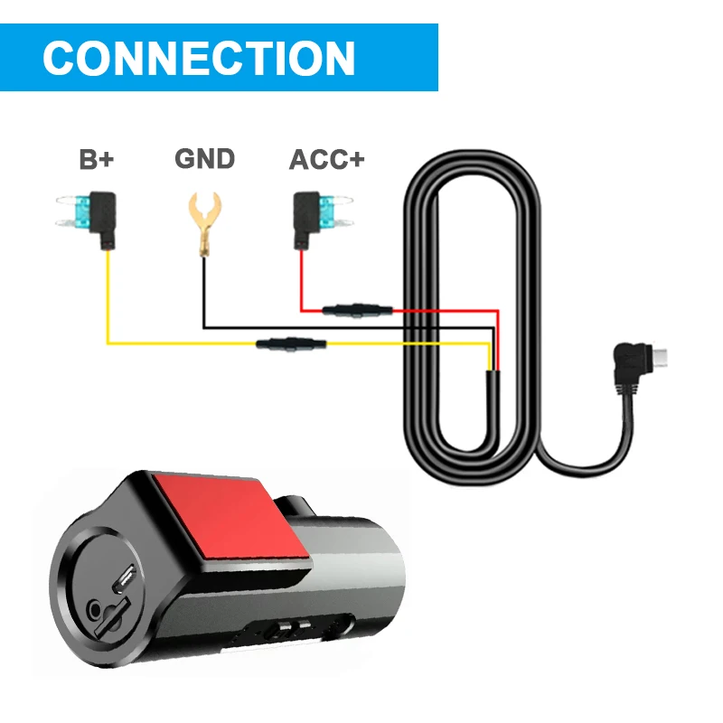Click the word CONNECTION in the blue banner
click(x=198, y=58)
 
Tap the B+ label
click(x=96, y=161)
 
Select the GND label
click(x=204, y=160)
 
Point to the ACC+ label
click(x=326, y=161)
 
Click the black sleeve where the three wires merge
click(x=493, y=398)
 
